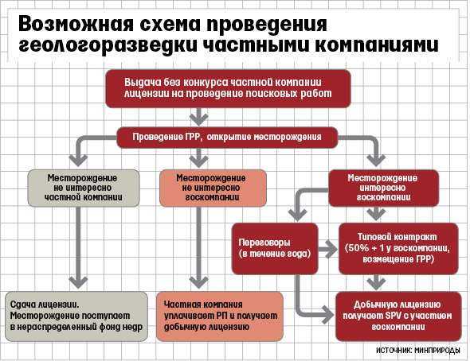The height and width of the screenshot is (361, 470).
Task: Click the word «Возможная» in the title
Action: point(76,24)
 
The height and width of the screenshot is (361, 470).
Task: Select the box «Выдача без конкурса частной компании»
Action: point(228,88)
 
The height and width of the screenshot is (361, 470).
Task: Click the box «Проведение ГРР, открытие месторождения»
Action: point(227,138)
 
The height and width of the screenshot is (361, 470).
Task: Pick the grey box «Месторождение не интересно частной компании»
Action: point(84,188)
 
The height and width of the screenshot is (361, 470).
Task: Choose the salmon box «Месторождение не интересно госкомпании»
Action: point(213,188)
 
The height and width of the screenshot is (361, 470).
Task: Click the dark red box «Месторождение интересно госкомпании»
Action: point(384,188)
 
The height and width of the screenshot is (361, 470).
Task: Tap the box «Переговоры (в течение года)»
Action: point(275,249)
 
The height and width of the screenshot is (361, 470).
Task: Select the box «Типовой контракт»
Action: point(398,249)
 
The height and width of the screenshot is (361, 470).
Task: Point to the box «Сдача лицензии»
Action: point(76,316)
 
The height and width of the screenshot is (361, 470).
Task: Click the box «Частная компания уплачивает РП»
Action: point(220,316)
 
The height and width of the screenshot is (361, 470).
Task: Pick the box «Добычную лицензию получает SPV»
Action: point(398,316)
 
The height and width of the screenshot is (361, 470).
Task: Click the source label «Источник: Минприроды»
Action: point(418,350)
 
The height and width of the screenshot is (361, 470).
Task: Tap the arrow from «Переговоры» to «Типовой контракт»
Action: point(328,249)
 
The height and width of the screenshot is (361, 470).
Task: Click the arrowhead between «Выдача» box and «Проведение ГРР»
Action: point(198,119)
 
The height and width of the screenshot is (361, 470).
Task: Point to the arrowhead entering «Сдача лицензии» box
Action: point(78,282)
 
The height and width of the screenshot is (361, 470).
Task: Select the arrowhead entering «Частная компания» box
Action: point(198,282)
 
